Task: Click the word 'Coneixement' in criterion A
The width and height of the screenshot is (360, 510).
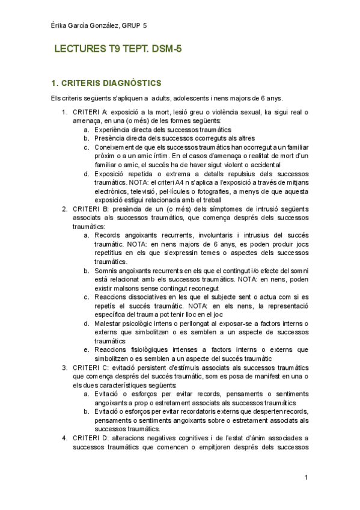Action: tap(116, 147)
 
